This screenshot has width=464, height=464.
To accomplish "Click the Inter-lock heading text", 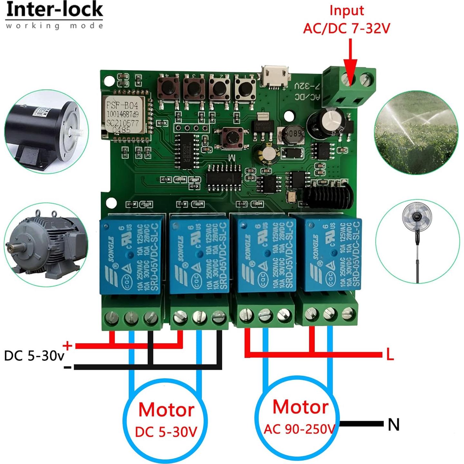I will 54,10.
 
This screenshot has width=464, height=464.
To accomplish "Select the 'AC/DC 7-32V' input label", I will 346,28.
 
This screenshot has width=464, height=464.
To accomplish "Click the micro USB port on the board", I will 275,76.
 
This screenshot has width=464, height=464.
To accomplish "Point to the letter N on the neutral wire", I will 393,424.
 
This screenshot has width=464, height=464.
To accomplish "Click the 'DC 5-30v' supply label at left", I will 34,356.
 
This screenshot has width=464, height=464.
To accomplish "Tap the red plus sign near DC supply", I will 67,346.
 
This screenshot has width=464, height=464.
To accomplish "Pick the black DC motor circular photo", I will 46,132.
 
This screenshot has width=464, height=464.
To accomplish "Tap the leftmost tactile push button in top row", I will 168,87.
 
